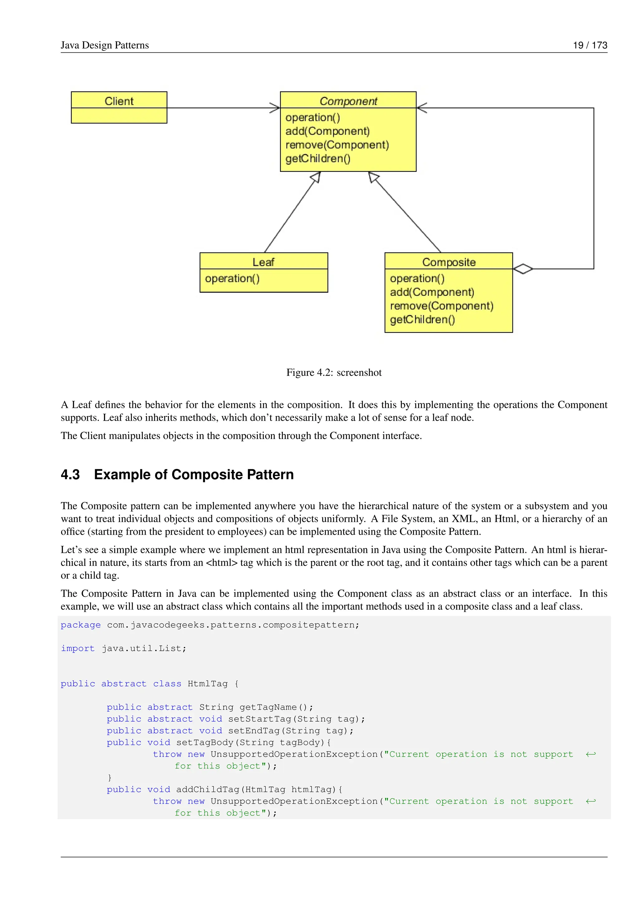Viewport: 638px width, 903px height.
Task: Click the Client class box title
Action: (x=119, y=101)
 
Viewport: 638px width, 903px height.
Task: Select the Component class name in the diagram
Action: (x=348, y=101)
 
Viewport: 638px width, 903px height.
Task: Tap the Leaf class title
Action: (x=263, y=262)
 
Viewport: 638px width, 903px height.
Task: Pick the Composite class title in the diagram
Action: (x=449, y=262)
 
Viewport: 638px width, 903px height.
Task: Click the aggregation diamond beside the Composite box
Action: (x=523, y=269)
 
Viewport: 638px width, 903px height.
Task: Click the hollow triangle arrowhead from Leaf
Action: (x=316, y=178)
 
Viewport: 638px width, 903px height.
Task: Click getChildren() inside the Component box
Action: (x=318, y=158)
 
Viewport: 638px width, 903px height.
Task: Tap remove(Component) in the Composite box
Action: (x=441, y=306)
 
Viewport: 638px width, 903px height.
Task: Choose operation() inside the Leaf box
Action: (x=232, y=278)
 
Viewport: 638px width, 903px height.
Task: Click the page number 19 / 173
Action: (x=590, y=45)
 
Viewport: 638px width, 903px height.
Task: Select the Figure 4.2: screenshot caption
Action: (x=334, y=372)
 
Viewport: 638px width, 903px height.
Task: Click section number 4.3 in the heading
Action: (x=70, y=474)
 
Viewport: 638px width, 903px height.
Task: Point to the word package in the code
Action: (x=81, y=625)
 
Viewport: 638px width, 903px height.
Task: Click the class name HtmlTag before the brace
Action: (x=207, y=684)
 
